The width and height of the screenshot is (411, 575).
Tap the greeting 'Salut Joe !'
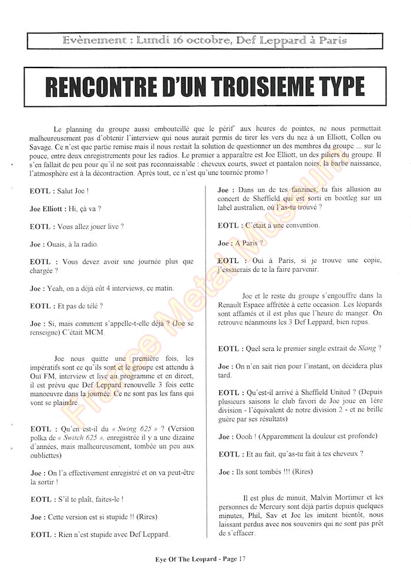77,191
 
